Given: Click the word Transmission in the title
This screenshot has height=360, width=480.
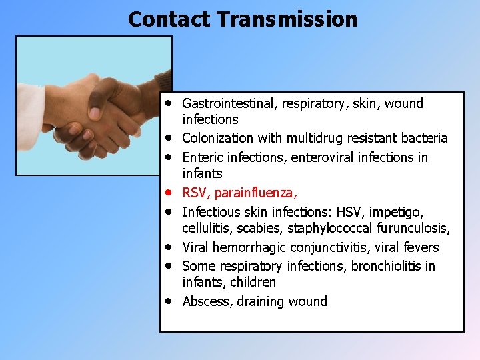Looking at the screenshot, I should tap(287, 19).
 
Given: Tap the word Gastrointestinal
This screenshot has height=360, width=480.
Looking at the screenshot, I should tap(229, 103).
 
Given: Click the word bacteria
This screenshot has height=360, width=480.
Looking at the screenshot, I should tap(425, 138).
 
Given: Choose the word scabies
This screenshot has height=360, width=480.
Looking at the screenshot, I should tap(255, 229).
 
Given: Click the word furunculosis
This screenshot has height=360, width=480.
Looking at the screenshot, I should tap(413, 229).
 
